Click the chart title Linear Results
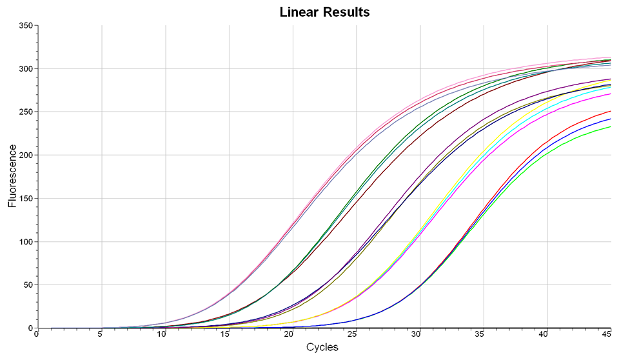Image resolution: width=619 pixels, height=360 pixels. [324, 12]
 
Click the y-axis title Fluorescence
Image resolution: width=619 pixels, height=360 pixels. [12, 176]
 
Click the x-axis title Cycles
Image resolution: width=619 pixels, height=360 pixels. [322, 347]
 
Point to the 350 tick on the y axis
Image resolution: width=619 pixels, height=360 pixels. [25, 25]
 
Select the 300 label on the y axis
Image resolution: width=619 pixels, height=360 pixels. [25, 68]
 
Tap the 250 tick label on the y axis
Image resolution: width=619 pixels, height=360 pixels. [25, 112]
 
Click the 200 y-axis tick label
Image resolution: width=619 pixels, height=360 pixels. [25, 155]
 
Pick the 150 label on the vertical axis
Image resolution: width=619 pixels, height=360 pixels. [25, 198]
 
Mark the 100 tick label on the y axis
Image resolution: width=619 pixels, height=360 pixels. [25, 241]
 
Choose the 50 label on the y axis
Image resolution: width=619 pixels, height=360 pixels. [27, 285]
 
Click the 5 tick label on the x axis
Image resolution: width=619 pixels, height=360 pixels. [100, 335]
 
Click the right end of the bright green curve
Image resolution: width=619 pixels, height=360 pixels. [610, 126]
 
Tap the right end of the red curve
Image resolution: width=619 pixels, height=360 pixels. [610, 111]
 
